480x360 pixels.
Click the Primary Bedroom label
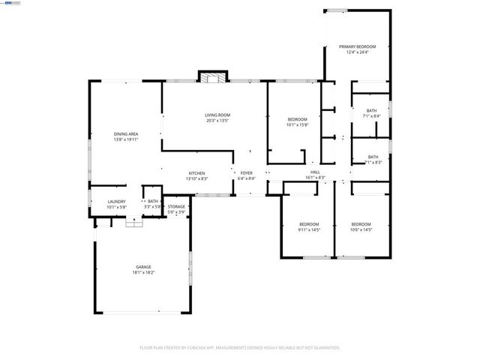click(356, 46)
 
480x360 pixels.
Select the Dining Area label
click(126, 133)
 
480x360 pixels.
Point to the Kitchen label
click(196, 173)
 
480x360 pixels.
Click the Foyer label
click(246, 173)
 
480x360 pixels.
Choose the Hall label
click(316, 172)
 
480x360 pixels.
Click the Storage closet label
click(176, 206)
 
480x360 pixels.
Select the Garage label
click(142, 266)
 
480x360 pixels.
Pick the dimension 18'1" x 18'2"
click(142, 272)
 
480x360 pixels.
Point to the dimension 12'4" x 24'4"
click(356, 52)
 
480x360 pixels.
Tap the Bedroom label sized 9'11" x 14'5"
click(309, 224)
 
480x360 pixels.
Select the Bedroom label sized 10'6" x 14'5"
click(361, 224)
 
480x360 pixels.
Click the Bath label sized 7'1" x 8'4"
click(371, 111)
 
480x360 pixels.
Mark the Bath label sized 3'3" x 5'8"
click(153, 201)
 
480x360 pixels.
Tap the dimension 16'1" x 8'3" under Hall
click(316, 178)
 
